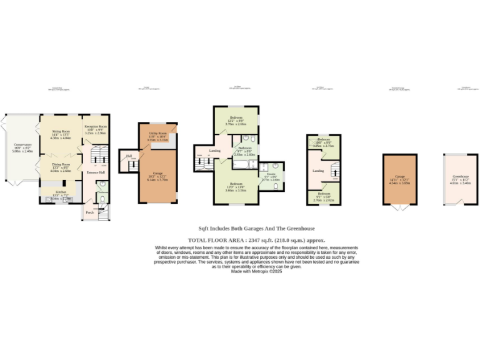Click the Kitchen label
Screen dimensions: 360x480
coord(61,192)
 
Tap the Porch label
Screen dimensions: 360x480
coord(89,212)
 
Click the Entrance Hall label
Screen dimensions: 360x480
coord(96,172)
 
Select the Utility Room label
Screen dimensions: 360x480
coord(157,133)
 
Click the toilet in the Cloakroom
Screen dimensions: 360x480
coord(102,200)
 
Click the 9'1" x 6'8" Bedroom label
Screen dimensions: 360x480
coord(323,194)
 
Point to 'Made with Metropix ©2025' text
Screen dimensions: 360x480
coord(257,271)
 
